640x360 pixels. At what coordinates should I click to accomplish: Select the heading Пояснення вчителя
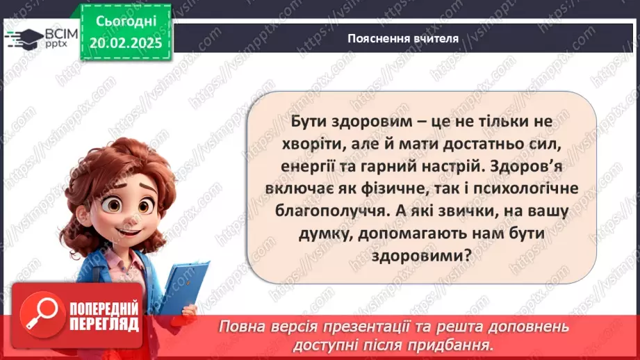pos(403,38)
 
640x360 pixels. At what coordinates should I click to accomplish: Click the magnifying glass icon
pos(39,313)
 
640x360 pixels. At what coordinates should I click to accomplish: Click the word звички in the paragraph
pos(455,211)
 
